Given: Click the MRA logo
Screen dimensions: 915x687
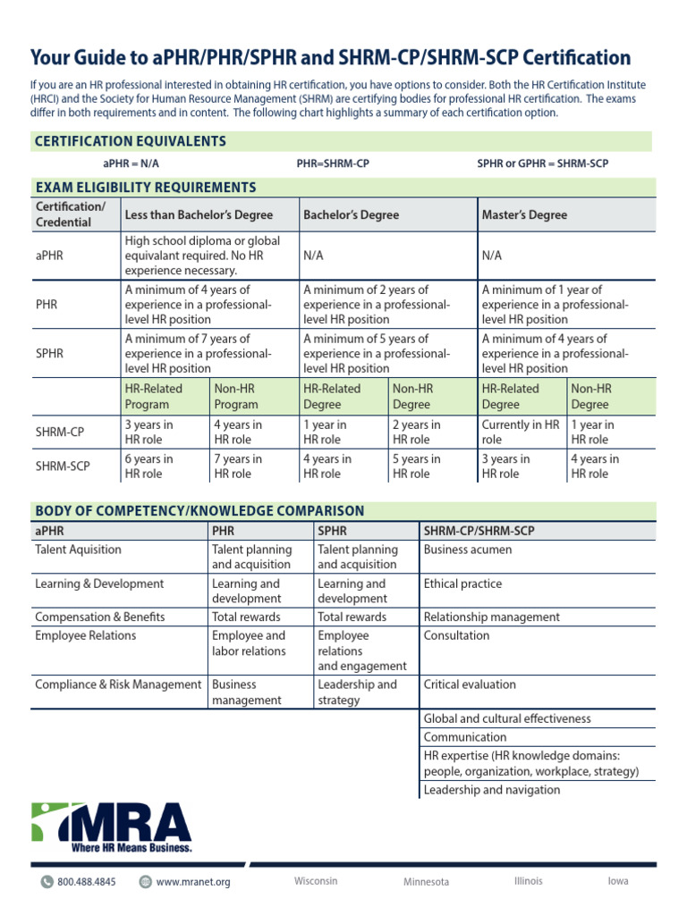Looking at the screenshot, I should [x=112, y=827].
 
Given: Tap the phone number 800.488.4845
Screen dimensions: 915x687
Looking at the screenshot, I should [x=87, y=882].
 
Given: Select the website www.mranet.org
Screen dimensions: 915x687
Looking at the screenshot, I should [x=193, y=882].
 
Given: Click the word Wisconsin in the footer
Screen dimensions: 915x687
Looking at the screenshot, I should [x=316, y=881].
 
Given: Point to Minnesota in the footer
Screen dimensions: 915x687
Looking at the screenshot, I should [x=426, y=882].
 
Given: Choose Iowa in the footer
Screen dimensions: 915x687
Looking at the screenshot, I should [x=617, y=881].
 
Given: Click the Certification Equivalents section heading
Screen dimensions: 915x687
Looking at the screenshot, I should [x=130, y=141].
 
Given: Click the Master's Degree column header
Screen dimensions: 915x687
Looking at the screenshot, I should [x=524, y=215].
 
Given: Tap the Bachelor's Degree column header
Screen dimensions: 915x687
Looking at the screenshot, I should [x=351, y=215].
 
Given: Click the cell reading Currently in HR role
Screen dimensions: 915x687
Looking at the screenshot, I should [x=521, y=432].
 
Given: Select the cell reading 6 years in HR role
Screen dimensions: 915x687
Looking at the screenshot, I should [x=148, y=466].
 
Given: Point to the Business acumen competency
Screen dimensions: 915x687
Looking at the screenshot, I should [x=468, y=550].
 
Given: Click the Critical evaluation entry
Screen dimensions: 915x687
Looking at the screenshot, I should [x=470, y=685].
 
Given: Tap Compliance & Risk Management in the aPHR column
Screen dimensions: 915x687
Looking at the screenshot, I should [x=118, y=685].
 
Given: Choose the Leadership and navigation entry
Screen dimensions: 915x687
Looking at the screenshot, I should [x=492, y=790].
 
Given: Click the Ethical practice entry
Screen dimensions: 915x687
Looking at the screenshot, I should [x=462, y=584].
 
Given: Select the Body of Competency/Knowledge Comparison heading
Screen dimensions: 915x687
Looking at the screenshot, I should [x=199, y=511].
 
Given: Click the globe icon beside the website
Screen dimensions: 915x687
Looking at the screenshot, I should [x=145, y=882].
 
